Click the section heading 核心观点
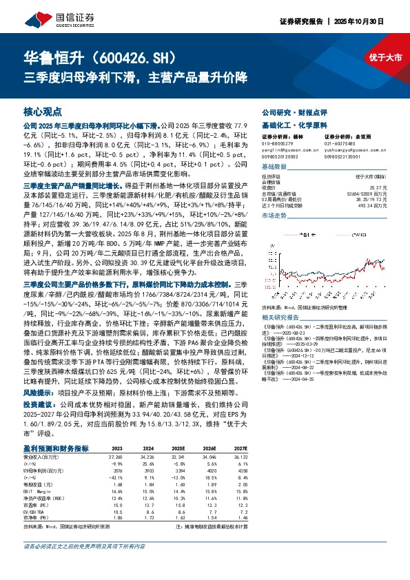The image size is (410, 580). pos(43,111)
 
